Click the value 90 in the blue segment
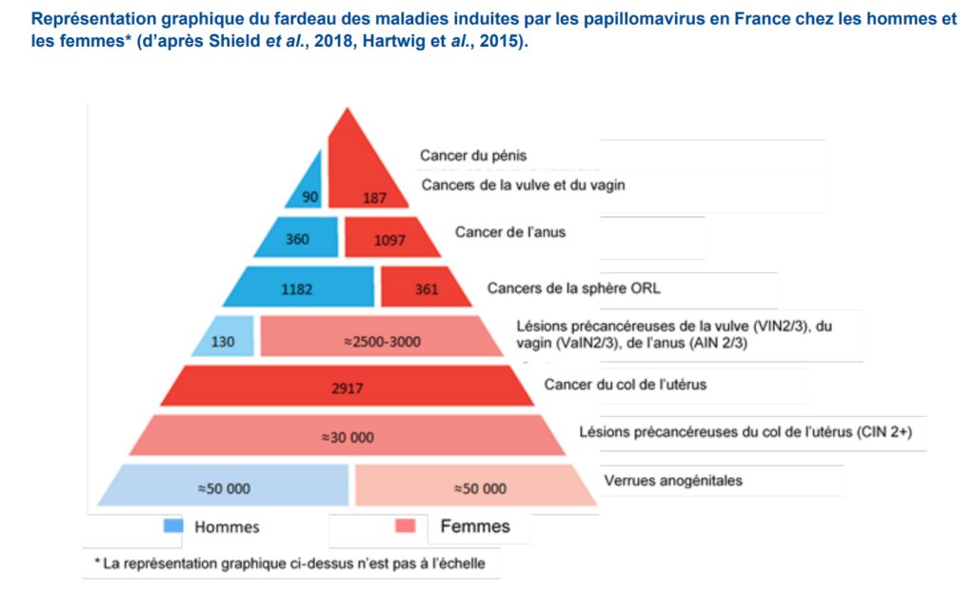(x=308, y=197)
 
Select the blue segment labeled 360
(x=297, y=239)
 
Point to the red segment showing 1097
(x=388, y=240)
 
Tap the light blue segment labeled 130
(x=223, y=340)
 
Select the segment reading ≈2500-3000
(x=381, y=340)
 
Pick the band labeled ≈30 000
(x=348, y=438)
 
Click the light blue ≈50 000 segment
(x=224, y=488)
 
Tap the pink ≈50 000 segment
(x=479, y=488)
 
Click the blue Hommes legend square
(x=173, y=526)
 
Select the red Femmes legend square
(x=405, y=526)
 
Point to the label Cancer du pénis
(x=473, y=154)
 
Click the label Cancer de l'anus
(x=509, y=231)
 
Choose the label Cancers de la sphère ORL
(x=573, y=288)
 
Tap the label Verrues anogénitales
(x=673, y=480)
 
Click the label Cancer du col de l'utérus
(x=626, y=385)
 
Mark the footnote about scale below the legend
(x=289, y=563)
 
